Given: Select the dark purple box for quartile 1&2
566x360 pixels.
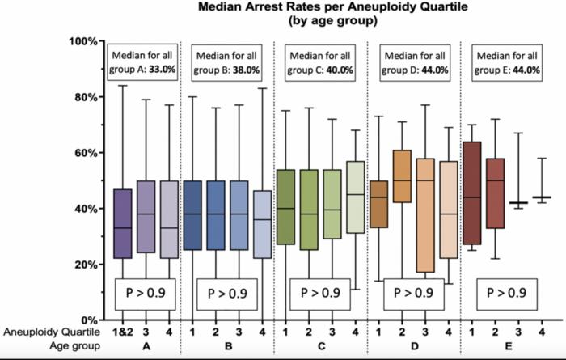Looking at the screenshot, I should pos(123,224).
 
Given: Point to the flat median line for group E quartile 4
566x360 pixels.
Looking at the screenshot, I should pos(542,197).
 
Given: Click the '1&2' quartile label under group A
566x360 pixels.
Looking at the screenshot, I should pos(123,332).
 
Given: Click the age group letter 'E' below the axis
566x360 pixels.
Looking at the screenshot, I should pos(507,346).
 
